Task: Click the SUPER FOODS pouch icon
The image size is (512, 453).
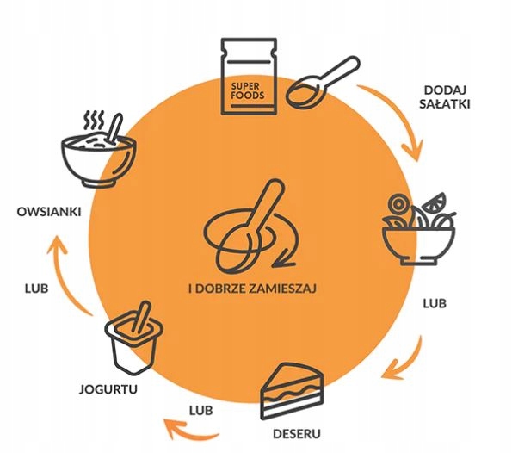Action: pyautogui.click(x=249, y=77)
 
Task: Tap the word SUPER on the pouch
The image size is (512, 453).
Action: pyautogui.click(x=245, y=86)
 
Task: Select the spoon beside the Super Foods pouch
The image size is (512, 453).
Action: pyautogui.click(x=323, y=82)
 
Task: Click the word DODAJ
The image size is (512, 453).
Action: pyautogui.click(x=445, y=90)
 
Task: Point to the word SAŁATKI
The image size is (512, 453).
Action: pyautogui.click(x=445, y=104)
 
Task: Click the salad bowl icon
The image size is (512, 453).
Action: pyautogui.click(x=419, y=229)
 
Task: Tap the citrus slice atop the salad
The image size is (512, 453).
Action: pyautogui.click(x=435, y=202)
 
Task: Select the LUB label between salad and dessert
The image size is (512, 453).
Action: pyautogui.click(x=435, y=304)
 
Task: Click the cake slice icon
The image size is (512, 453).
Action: pyautogui.click(x=292, y=391)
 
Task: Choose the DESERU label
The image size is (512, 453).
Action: pyautogui.click(x=297, y=434)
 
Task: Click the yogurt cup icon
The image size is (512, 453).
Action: pyautogui.click(x=134, y=338)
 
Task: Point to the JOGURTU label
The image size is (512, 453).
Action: pyautogui.click(x=108, y=389)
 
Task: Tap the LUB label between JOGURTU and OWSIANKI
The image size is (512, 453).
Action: pyautogui.click(x=36, y=289)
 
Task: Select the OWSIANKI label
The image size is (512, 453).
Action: pyautogui.click(x=49, y=212)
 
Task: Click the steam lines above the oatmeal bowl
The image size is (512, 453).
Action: pyautogui.click(x=94, y=121)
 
